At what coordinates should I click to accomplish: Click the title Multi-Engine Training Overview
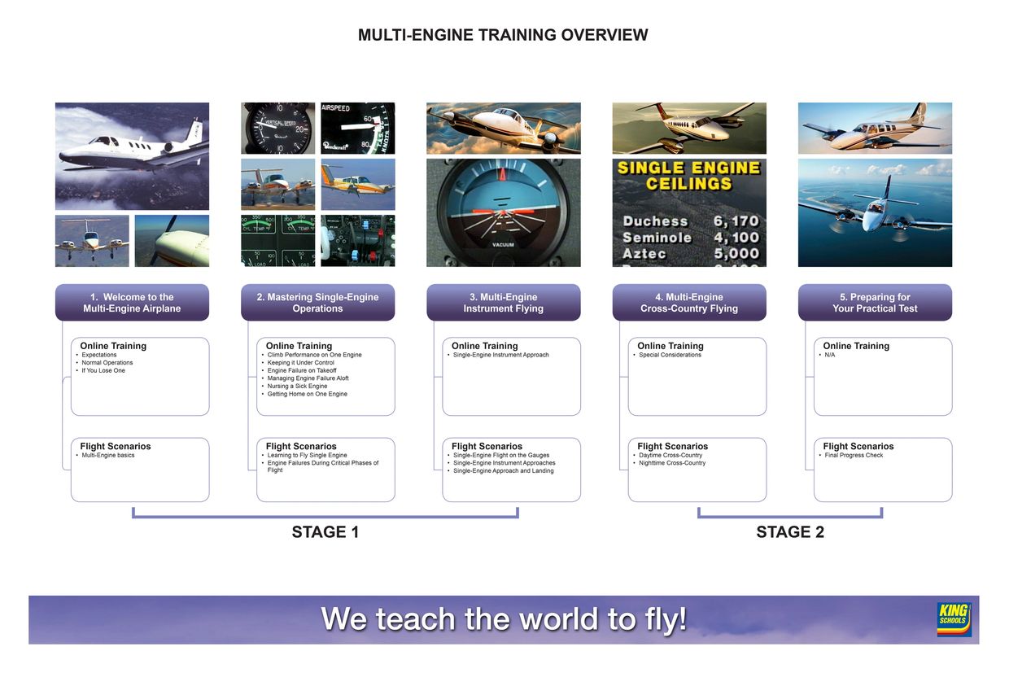503,35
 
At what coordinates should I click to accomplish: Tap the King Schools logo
954,619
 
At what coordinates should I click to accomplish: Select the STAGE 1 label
325,532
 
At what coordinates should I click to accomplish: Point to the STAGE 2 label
789,532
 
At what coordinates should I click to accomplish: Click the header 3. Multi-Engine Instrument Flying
503,303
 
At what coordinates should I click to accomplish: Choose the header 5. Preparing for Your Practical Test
875,303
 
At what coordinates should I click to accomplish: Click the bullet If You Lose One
103,370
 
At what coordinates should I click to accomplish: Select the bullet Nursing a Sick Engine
297,386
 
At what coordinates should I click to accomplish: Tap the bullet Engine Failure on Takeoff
301,370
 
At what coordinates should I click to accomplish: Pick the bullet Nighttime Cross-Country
672,463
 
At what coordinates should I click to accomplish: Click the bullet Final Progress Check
854,455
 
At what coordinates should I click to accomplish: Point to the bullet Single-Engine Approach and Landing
504,470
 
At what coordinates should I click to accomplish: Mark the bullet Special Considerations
670,355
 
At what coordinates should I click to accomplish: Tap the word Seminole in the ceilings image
657,238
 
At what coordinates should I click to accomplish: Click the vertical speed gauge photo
277,128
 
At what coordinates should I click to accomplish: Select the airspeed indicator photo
357,128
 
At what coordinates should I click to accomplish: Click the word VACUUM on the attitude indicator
503,245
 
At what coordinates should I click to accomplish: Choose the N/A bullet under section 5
830,355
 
